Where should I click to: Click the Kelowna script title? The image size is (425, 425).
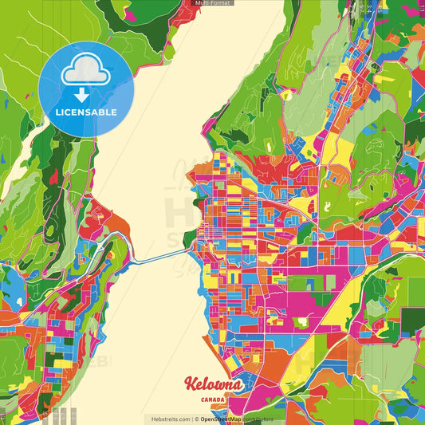tap(213, 384)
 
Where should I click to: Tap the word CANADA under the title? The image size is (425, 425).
tap(213, 399)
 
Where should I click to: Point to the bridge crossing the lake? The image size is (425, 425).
tap(159, 258)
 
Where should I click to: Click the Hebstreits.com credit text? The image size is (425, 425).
tap(168, 419)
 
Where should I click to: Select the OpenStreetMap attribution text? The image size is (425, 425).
tap(223, 419)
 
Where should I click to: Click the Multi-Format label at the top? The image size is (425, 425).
tap(212, 3)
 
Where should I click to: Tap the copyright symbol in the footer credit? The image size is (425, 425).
tap(195, 419)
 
